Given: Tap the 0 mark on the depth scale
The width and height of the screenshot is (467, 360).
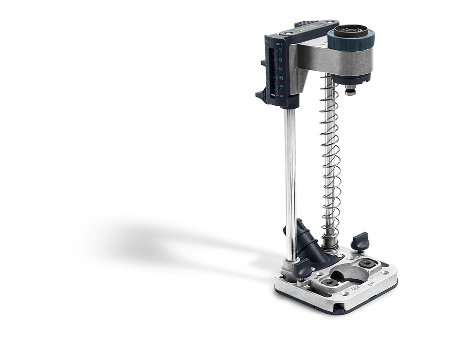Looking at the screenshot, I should coord(281,95).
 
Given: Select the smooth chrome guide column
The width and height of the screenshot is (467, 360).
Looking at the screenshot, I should coord(291,182).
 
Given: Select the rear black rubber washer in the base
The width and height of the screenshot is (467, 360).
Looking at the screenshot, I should coord(366,264).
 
